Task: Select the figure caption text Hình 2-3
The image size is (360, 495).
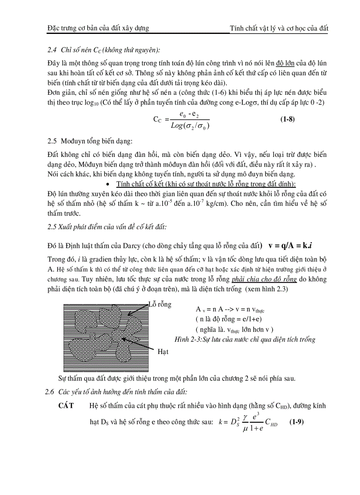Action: coord(175,339)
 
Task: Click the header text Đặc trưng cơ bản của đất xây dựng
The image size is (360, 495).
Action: coord(98,28)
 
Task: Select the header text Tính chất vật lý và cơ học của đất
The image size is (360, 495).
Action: coord(279,28)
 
